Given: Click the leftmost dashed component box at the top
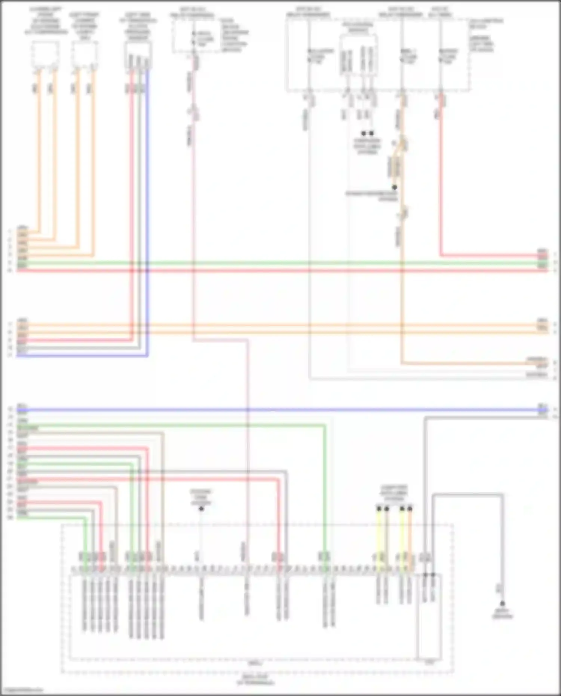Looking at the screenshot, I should tap(45, 55).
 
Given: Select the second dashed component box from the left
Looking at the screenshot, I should tap(85, 55).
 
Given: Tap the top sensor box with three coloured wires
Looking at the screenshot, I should tap(138, 55).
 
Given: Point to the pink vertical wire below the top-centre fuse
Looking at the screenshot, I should tap(193, 224).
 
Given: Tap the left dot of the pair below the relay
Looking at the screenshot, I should tap(364, 133).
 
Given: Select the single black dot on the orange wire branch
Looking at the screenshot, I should tap(394, 187).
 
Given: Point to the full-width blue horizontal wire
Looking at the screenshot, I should tap(280, 410).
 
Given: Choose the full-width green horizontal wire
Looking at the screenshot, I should tap(280, 263).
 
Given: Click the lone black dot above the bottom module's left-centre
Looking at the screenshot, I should tap(201, 509).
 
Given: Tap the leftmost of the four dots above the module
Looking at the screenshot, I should tap(379, 509).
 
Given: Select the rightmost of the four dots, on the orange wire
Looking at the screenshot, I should tap(410, 509).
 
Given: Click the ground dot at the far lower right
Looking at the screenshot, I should tap(502, 603).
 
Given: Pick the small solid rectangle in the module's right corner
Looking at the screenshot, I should tap(429, 617).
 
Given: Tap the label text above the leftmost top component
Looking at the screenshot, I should tap(45, 21).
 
